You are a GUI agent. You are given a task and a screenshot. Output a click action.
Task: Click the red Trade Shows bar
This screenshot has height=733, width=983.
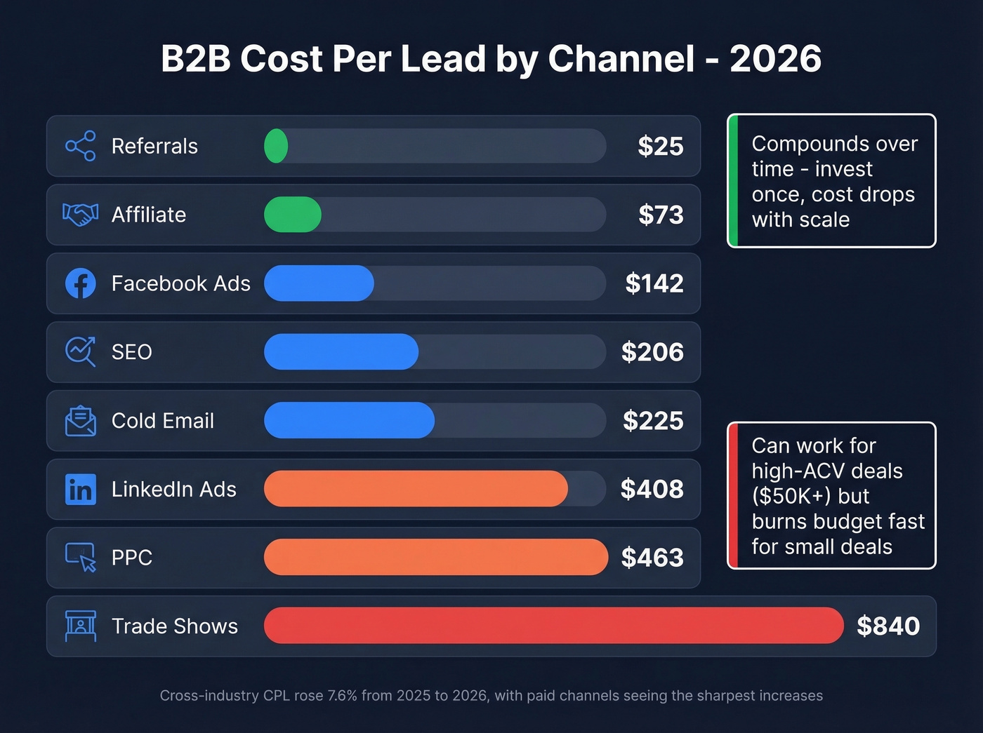553,626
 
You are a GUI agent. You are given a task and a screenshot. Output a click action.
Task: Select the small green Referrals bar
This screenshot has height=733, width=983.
276,146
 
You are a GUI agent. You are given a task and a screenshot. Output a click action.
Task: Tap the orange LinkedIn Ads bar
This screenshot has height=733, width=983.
416,489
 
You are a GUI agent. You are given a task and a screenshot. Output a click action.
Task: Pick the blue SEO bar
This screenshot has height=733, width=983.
341,351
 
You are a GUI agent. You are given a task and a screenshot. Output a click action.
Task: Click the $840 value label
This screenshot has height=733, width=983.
888,626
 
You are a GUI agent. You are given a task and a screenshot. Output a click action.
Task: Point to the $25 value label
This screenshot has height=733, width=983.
660,146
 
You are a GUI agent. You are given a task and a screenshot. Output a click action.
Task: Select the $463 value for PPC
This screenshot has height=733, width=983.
652,558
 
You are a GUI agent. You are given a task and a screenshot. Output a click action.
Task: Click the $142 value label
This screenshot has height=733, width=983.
654,283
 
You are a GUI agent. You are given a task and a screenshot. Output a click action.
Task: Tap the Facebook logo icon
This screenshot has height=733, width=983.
81,283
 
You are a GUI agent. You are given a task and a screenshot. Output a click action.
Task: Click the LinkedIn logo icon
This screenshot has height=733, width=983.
81,489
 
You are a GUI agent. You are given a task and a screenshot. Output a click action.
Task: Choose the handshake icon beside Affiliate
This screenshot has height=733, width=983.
81,215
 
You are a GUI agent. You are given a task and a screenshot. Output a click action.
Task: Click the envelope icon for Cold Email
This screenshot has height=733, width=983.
81,421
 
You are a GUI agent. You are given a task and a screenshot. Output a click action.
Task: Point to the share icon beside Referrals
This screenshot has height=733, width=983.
81,146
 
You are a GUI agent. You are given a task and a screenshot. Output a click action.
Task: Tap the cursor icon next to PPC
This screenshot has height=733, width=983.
81,558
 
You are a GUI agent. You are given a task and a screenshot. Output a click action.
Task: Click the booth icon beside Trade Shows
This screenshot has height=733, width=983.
81,626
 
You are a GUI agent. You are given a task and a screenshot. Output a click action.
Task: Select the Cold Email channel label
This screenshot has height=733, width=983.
163,421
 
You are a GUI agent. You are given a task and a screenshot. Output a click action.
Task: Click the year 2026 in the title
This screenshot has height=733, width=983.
775,59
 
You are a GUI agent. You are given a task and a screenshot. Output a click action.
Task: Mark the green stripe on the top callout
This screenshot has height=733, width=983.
733,181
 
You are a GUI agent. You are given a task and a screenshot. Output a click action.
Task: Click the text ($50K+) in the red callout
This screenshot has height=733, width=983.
791,497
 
